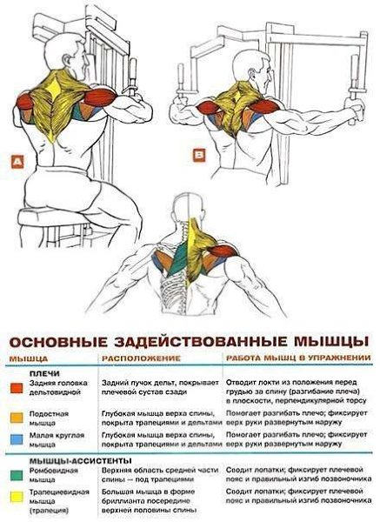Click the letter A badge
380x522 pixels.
17,162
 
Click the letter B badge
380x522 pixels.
199,155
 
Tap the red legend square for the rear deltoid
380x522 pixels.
17,388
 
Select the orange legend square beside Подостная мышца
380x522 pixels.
17,418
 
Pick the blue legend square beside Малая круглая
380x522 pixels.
17,439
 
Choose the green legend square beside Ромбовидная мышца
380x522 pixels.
17,475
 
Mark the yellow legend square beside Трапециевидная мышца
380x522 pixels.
17,497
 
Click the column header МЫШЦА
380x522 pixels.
29,358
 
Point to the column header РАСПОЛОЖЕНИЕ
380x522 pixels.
141,358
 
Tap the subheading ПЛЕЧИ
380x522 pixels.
44,373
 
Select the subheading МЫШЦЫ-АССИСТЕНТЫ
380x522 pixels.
81,461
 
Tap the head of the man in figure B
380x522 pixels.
251,70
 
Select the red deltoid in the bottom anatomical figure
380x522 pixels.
222,251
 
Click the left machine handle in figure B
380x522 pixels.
181,82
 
